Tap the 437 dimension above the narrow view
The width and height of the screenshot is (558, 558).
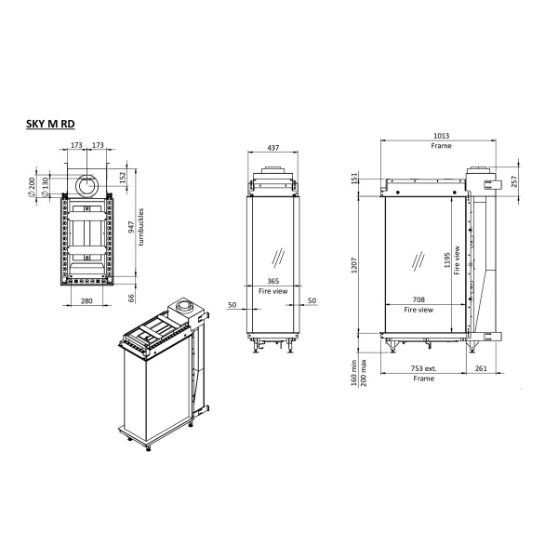point(272,148)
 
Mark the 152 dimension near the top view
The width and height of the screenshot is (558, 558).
point(123,176)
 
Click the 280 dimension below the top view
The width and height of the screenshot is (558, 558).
point(86,301)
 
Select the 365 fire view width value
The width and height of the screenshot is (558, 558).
point(272,281)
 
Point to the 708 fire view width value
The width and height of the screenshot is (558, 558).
point(419,301)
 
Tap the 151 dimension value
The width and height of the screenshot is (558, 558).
point(354,178)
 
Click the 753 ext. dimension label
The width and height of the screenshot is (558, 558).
point(423,369)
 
